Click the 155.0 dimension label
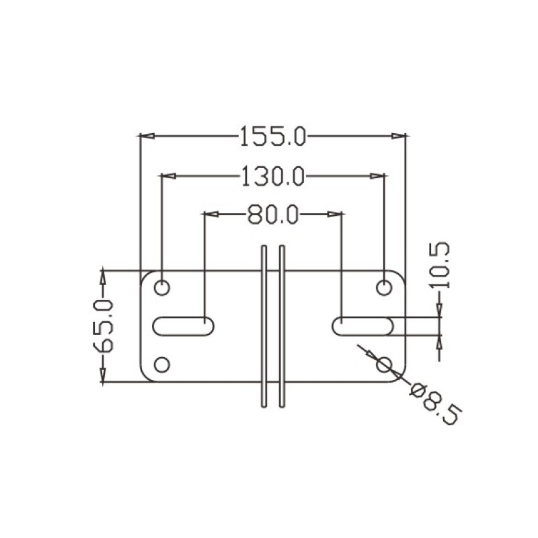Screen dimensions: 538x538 [273, 137]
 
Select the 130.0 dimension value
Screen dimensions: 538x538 [273, 176]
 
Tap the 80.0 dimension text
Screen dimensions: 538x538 [273, 215]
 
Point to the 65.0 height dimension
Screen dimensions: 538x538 [103, 326]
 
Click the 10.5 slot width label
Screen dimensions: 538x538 [439, 265]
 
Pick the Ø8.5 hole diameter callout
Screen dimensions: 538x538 [436, 405]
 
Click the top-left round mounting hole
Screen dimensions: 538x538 [162, 288]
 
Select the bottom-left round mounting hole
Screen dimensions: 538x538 [162, 364]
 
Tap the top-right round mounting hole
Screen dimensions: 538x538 [384, 288]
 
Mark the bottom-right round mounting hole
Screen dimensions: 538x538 [384, 364]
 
